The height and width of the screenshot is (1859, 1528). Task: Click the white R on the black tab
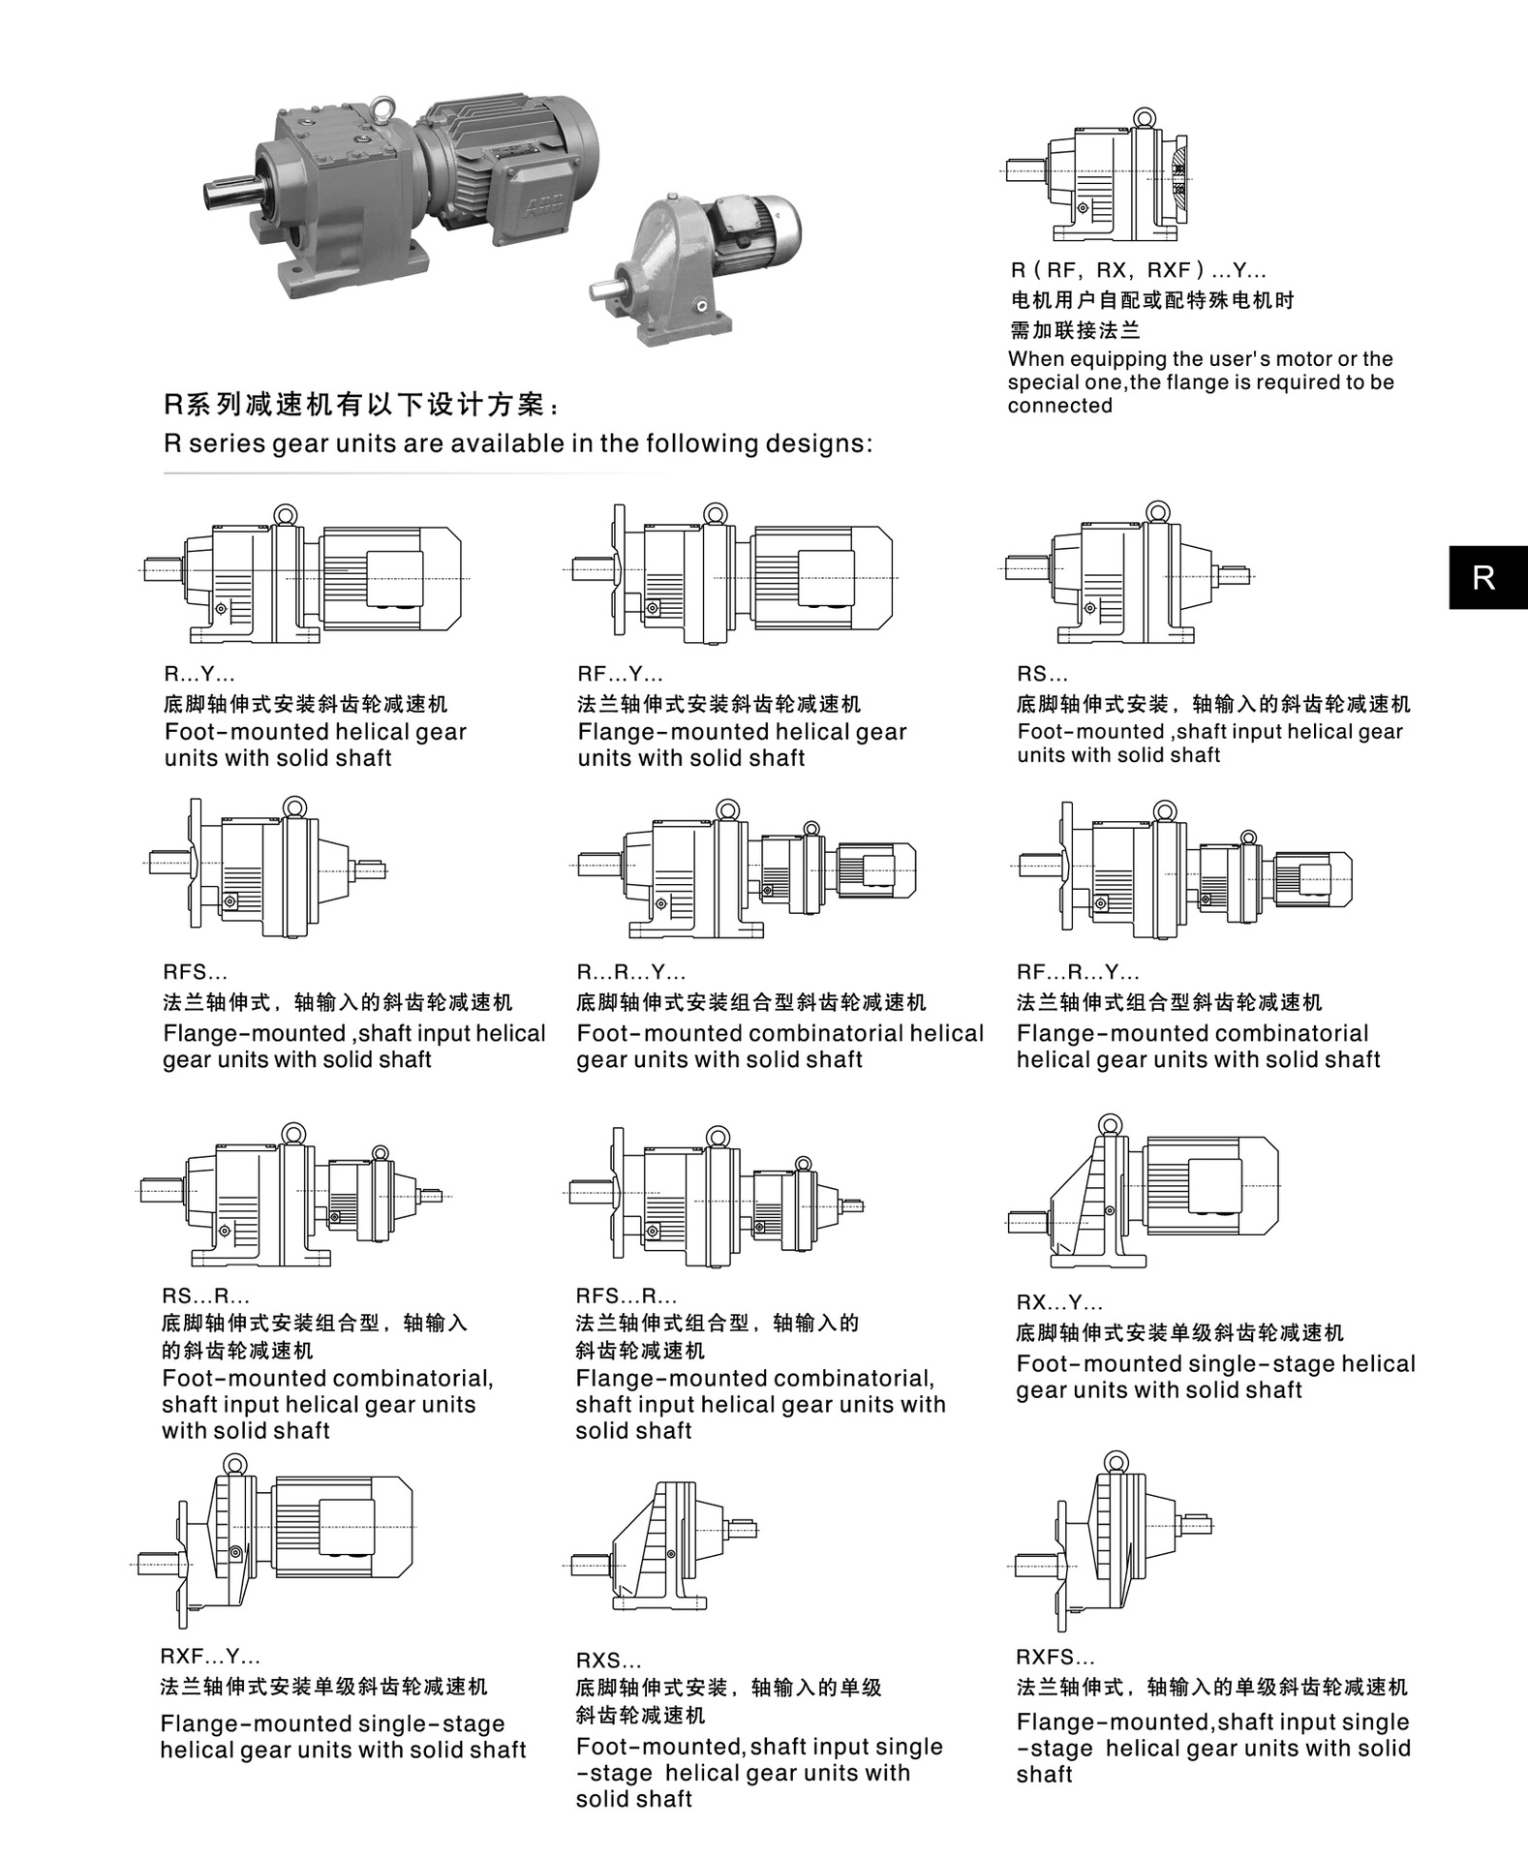(1482, 578)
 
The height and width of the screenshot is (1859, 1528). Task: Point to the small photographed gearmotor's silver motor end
(780, 222)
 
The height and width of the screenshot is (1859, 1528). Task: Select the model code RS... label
(1042, 675)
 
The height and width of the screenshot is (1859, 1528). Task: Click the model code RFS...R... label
(626, 1296)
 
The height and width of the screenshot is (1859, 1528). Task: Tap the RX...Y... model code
(1059, 1303)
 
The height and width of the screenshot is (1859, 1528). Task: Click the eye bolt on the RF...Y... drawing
(715, 513)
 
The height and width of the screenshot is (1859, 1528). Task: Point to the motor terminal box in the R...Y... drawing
(394, 577)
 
